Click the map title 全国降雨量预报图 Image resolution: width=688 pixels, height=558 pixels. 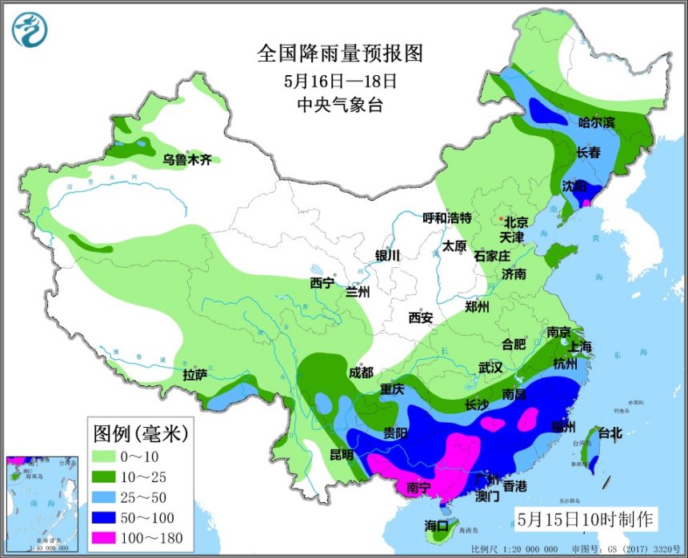[x=339, y=54]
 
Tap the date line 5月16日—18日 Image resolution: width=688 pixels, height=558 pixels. [x=340, y=81]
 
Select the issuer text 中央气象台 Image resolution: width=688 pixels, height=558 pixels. [x=340, y=105]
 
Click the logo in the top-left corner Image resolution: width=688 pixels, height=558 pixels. [x=30, y=30]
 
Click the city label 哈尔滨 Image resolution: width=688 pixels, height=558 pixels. [x=597, y=122]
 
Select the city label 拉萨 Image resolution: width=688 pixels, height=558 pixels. [x=194, y=373]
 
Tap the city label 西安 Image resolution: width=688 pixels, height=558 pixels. [x=421, y=317]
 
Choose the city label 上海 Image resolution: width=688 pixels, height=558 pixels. [x=578, y=346]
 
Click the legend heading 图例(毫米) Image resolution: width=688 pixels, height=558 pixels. [x=141, y=434]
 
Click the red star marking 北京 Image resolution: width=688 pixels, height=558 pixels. [x=501, y=218]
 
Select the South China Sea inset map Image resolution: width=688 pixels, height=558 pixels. [x=42, y=504]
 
